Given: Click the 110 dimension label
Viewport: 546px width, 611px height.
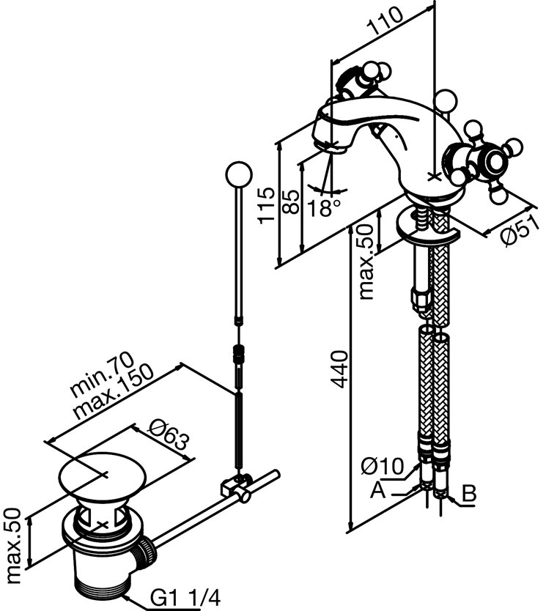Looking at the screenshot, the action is pos(385,22).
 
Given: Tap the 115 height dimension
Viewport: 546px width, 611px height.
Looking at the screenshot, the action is pos(267,205).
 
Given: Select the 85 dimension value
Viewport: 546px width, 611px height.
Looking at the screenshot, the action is pos(291,201).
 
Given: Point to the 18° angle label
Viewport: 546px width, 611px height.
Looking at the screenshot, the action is pos(324,207).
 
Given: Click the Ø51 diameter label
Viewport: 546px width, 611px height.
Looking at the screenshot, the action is pos(520,231).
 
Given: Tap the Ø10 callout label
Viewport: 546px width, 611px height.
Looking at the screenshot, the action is pos(382,466).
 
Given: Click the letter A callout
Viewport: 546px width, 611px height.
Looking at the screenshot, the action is pos(377,490).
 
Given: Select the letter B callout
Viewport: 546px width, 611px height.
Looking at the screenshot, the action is pos(469,493).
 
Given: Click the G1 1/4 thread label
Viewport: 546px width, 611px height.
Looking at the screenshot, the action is pos(185,597).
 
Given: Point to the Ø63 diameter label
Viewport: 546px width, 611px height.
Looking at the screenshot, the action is pos(169,436).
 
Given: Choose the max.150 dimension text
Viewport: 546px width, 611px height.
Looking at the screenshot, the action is pos(113,392).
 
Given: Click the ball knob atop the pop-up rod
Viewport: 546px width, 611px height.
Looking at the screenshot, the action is pos(238,174).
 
